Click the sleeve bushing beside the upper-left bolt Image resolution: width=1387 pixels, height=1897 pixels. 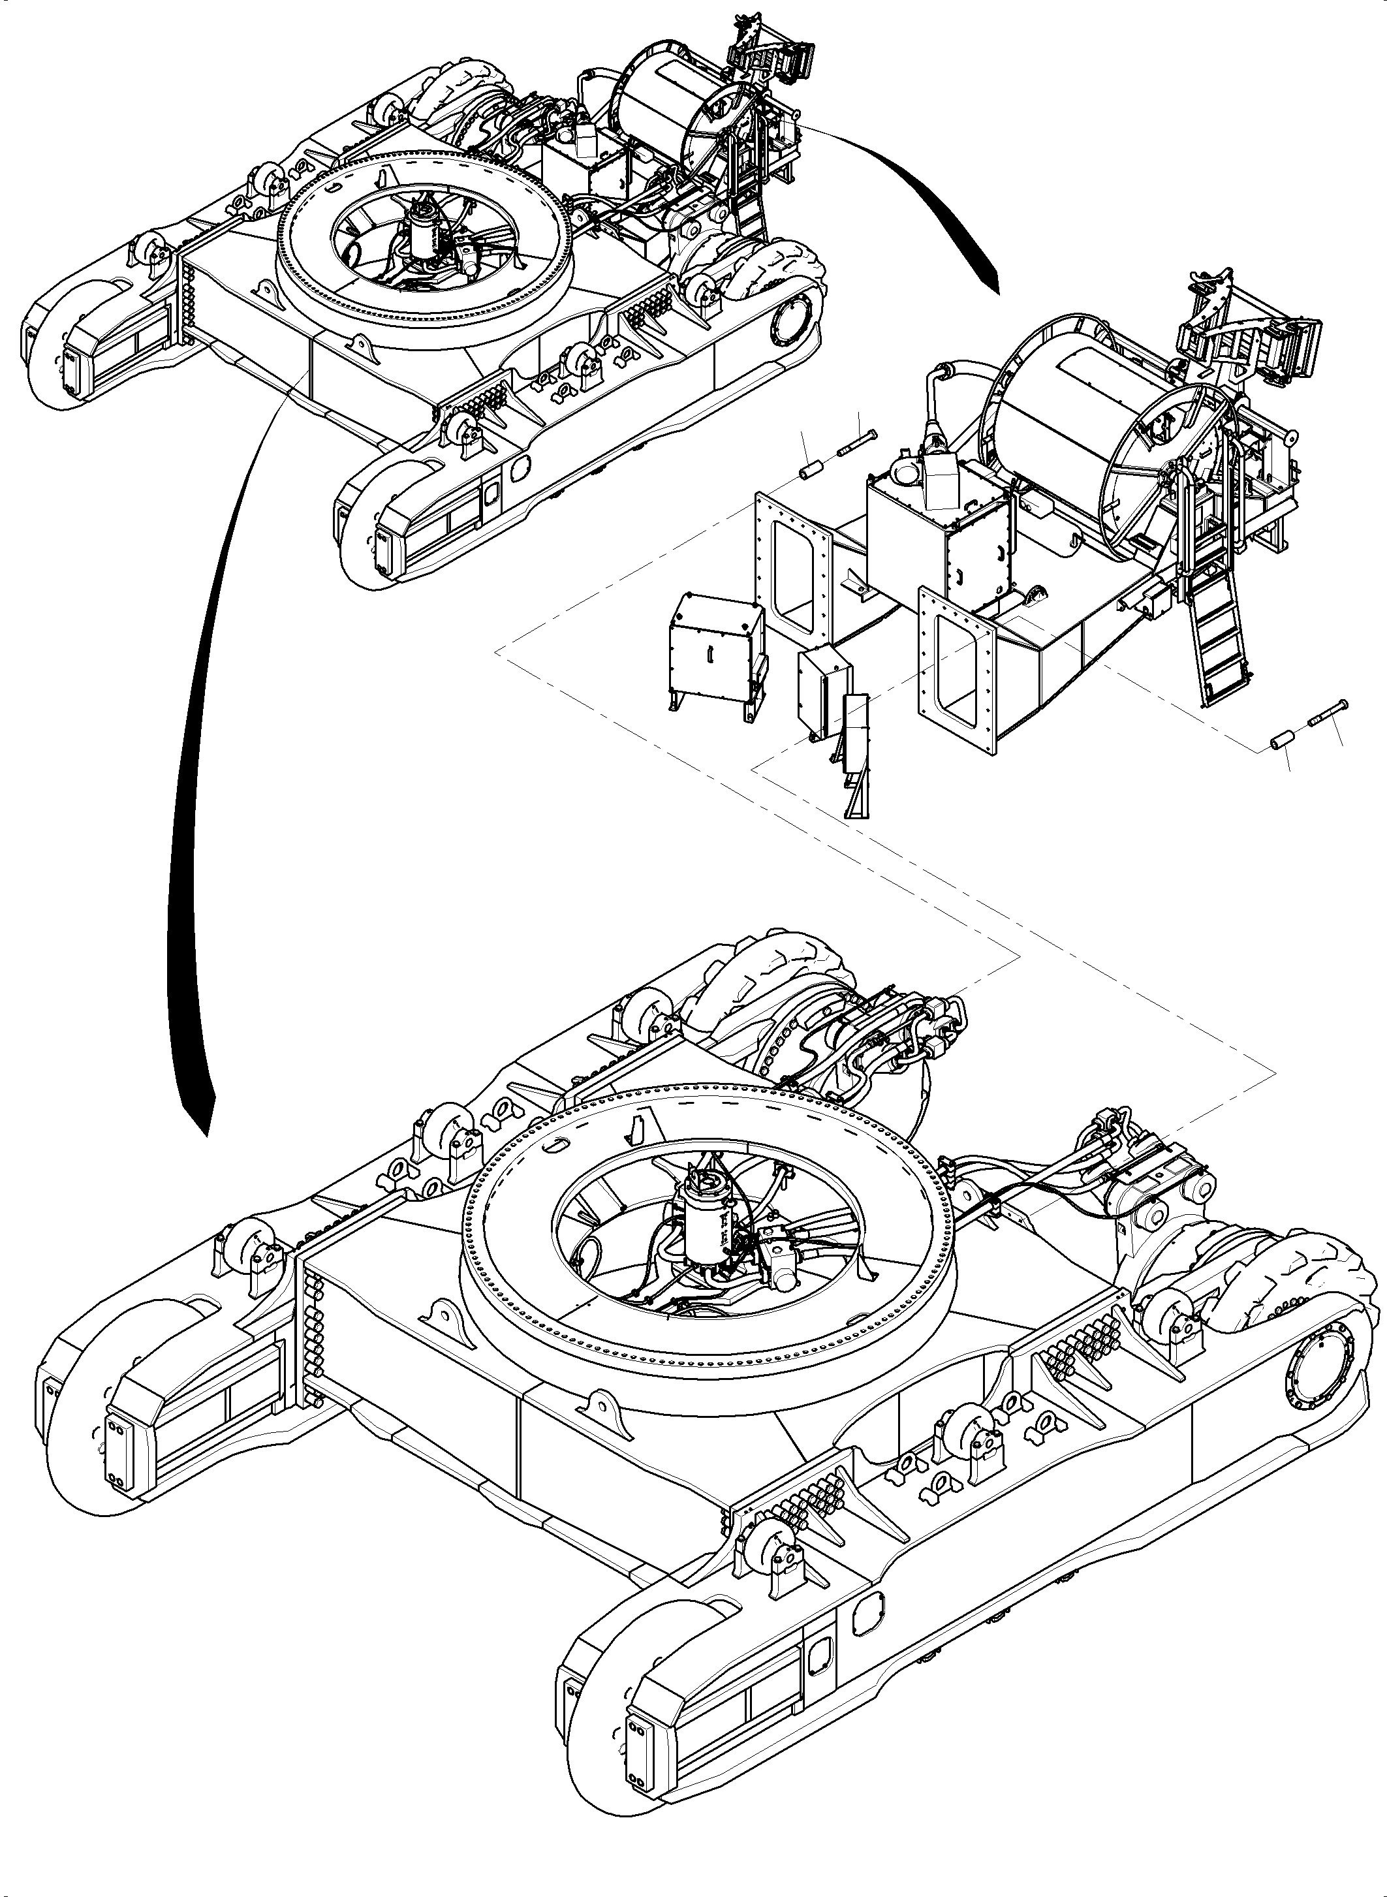click(x=813, y=469)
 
